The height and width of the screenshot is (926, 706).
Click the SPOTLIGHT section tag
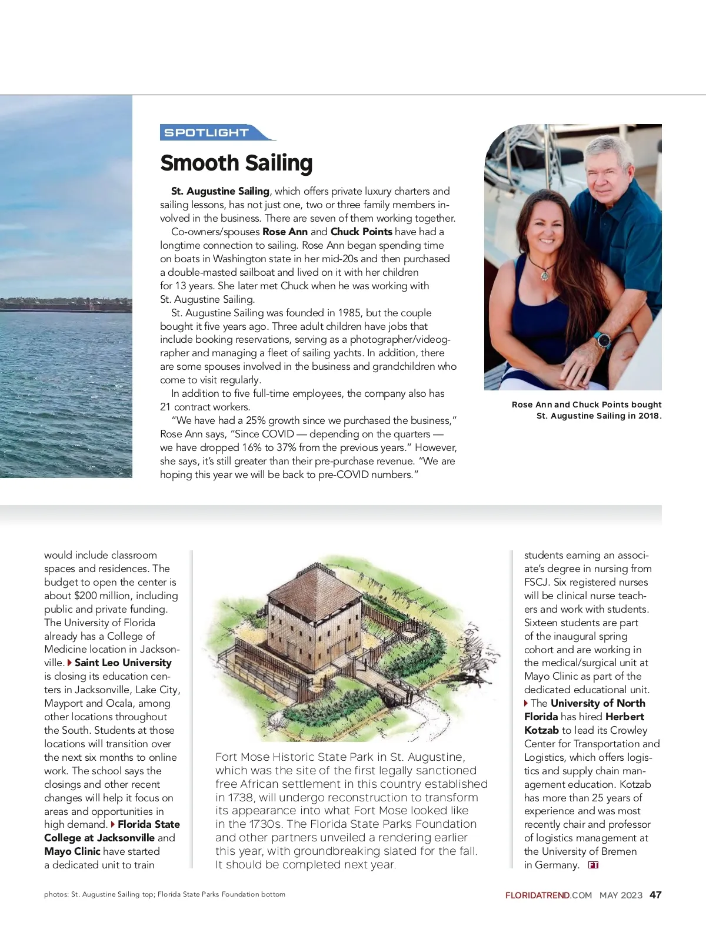tap(207, 133)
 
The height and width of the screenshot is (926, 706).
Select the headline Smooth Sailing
tap(236, 163)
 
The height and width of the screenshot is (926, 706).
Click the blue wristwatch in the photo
tap(602, 340)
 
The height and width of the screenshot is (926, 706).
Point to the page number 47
tap(655, 895)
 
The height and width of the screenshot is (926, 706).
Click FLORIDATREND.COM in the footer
tap(548, 895)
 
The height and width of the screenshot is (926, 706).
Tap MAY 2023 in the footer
tap(621, 895)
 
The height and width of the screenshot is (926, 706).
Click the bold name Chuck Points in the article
tap(361, 232)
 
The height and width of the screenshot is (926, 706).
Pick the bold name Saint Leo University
tap(123, 663)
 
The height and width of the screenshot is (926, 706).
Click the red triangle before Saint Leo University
tap(69, 663)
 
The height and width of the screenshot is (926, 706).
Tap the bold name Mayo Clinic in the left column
tap(72, 851)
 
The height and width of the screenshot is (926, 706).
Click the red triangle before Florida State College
tap(113, 825)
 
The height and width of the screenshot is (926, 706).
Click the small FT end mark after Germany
tap(593, 865)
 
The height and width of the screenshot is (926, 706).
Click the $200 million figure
tap(97, 596)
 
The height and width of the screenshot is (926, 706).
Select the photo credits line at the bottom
tap(165, 894)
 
